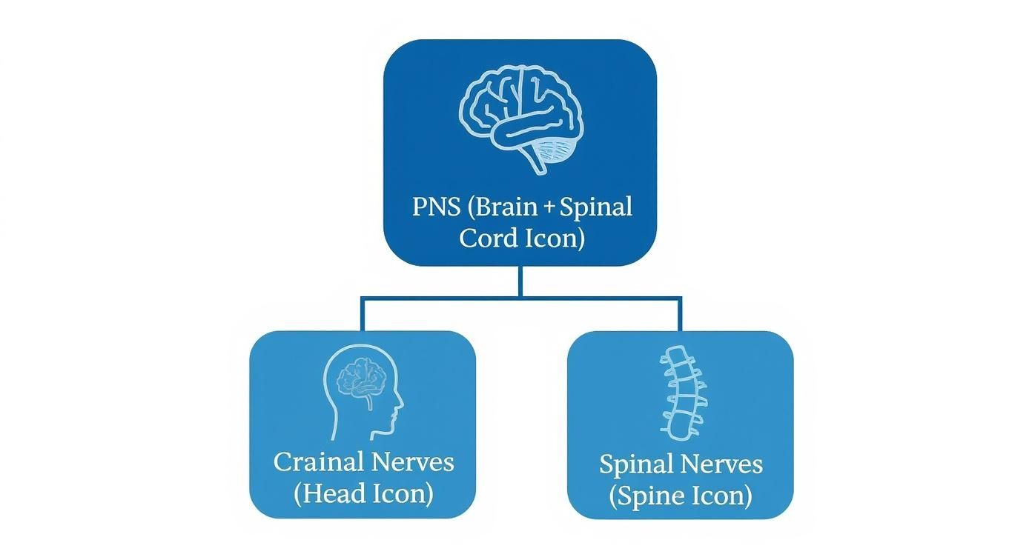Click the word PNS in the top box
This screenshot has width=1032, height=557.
(437, 207)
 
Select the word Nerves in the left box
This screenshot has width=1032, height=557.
(412, 462)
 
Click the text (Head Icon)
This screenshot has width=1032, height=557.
(363, 493)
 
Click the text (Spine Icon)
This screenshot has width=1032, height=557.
(681, 496)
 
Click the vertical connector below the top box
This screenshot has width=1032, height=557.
(520, 281)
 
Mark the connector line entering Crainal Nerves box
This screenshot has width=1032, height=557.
(363, 316)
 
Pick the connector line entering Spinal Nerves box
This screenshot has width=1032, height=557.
(680, 316)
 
